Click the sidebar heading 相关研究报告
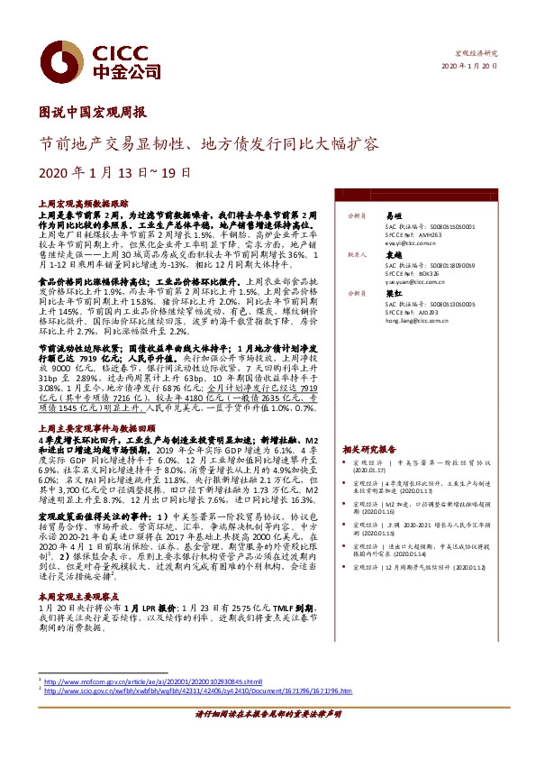click(369, 448)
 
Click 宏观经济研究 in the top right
click(476, 54)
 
